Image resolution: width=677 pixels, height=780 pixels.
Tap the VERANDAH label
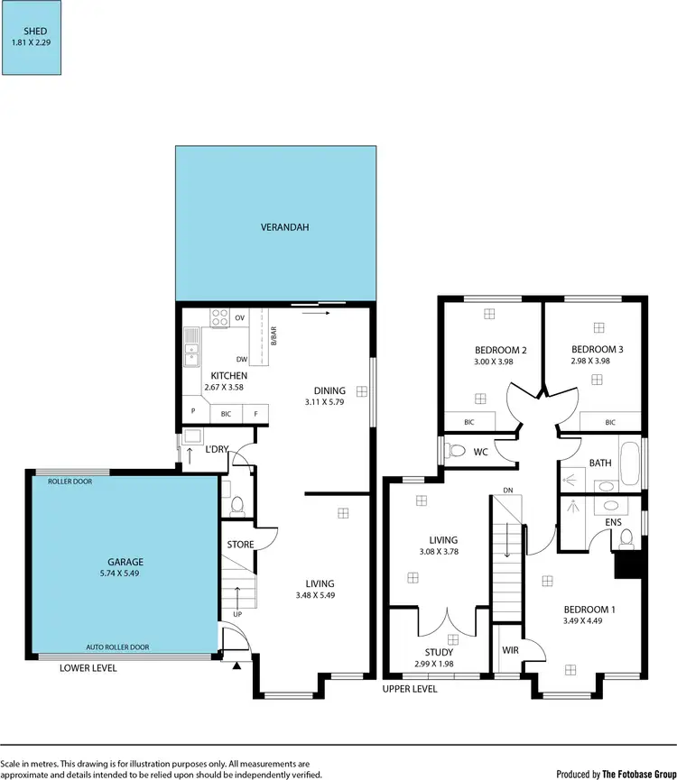coord(275,227)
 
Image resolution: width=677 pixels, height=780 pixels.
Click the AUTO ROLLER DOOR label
coord(117,647)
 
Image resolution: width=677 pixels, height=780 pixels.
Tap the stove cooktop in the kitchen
coord(219,317)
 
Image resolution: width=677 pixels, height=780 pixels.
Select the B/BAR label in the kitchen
coord(273,335)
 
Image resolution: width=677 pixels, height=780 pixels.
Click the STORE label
coord(240,544)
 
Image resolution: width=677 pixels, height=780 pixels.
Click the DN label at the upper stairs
coord(508,491)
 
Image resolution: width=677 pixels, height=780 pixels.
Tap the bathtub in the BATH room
coord(631,463)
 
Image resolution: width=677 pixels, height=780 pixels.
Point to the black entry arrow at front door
coord(237,665)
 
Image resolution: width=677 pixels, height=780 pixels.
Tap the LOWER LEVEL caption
coord(88,668)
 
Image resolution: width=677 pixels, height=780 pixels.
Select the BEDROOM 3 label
coord(597,349)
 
